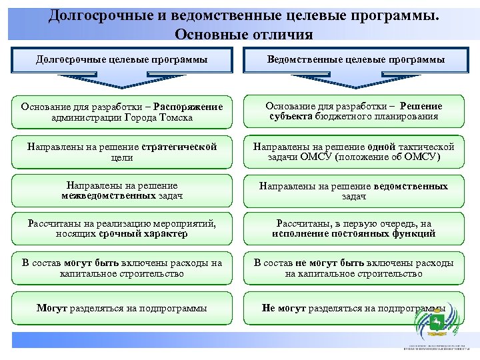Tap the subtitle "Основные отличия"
[x=243, y=34]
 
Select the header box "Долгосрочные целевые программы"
[x=121, y=60]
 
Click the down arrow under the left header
[x=121, y=81]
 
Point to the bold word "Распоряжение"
[x=191, y=107]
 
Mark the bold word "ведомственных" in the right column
[x=411, y=186]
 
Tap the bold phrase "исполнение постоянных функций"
[x=354, y=234]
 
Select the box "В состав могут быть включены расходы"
[x=121, y=268]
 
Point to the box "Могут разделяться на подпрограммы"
[x=121, y=308]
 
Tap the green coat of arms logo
[x=436, y=323]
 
